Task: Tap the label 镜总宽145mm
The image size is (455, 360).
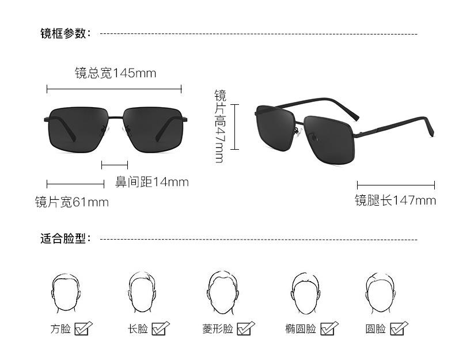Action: tap(115, 73)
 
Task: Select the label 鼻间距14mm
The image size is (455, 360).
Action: tap(152, 182)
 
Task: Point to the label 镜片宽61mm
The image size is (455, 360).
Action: tap(71, 202)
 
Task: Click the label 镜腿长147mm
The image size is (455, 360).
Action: tap(395, 200)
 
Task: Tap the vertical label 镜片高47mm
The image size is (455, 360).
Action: tap(220, 126)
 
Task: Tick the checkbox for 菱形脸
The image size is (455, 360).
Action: tap(245, 328)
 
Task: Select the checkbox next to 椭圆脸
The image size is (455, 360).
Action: tap(329, 328)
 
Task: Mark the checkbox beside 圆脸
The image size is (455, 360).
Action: tap(399, 328)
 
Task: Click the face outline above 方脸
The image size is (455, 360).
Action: tap(64, 291)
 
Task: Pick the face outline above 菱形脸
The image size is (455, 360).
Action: tap(221, 291)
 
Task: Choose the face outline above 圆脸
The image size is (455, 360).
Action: tap(378, 291)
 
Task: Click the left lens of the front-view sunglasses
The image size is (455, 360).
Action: tap(78, 130)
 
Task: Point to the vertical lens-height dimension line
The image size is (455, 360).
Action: tap(235, 127)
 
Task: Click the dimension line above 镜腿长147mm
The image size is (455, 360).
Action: tap(396, 185)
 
